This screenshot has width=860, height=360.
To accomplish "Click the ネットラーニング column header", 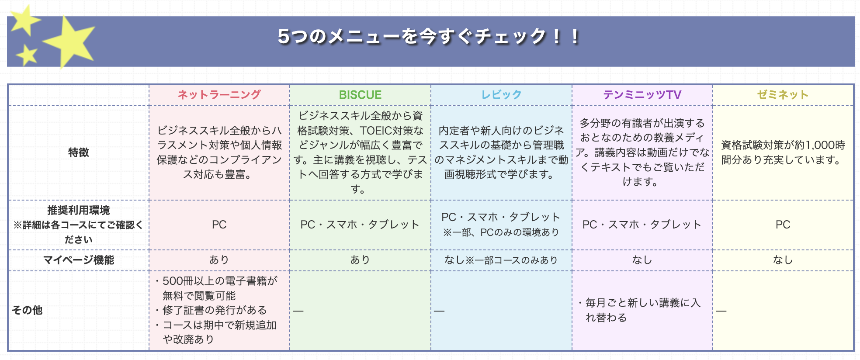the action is tap(219, 95).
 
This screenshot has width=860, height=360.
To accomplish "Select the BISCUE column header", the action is tap(360, 95).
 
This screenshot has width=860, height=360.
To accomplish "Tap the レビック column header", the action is tap(501, 95).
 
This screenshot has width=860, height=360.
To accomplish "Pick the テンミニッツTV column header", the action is tap(642, 95).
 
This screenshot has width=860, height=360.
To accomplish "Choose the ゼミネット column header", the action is tap(783, 95).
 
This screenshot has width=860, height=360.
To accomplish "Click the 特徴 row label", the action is tap(79, 152).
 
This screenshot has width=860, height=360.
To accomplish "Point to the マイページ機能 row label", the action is tap(79, 260).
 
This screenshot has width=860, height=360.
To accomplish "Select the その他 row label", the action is tap(27, 310).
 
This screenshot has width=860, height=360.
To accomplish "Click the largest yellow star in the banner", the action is tap(70, 42).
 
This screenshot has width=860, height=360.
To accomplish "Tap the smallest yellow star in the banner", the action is tap(27, 55).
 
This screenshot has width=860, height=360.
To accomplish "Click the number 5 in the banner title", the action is tap(284, 36).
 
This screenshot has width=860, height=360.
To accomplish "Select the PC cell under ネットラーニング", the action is tap(219, 225).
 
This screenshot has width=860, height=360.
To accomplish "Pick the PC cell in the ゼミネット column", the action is tap(783, 225).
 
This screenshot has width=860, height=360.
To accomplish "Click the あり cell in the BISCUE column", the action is tap(360, 260).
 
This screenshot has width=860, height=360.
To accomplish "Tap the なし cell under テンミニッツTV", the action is tap(642, 260).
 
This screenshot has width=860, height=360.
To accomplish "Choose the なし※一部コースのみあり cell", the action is tap(501, 260).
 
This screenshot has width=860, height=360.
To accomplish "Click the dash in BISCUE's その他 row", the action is tap(298, 311).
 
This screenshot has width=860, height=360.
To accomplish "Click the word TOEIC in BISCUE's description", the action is tap(375, 131).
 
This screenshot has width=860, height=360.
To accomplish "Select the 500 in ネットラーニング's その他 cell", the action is tap(172, 280).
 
